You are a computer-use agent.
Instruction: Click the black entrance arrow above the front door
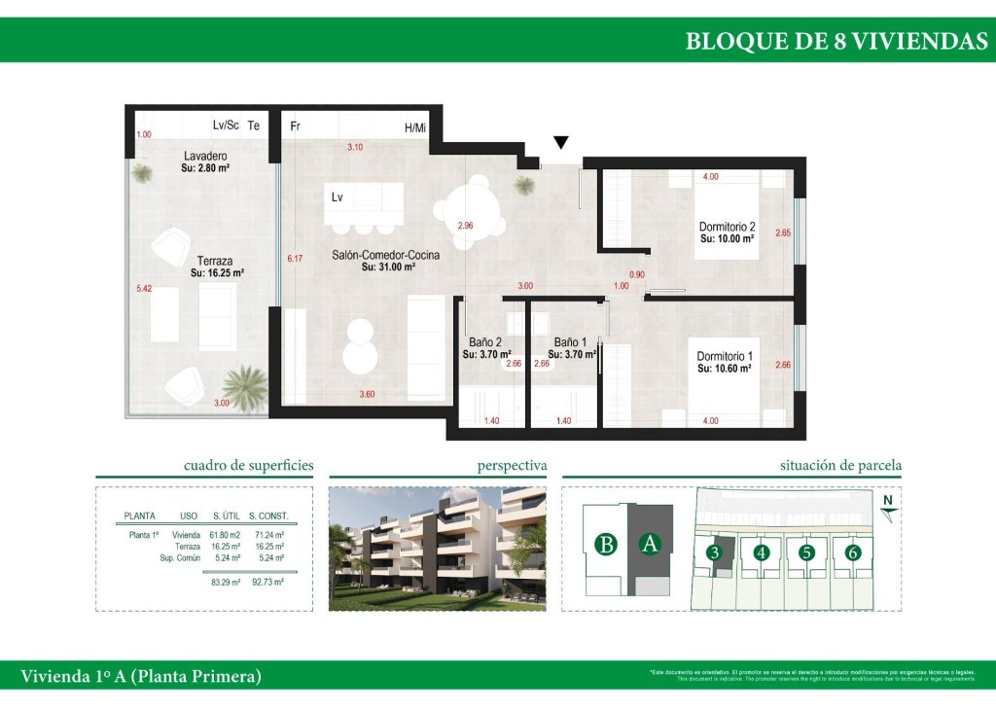point(560,143)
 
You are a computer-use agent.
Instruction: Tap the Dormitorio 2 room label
point(728,226)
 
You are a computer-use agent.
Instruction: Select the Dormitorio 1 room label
point(725,357)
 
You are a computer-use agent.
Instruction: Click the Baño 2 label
point(484,342)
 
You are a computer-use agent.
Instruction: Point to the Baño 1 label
point(570,342)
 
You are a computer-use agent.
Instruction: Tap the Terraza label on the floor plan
point(214,261)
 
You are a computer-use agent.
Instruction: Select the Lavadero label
point(205,156)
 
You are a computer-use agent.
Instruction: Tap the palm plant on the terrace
point(245,385)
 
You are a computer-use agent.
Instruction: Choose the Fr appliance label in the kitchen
point(295,127)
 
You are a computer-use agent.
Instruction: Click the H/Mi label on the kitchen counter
point(415,127)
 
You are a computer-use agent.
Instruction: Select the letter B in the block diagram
point(606,545)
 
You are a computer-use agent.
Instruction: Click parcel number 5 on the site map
point(806,553)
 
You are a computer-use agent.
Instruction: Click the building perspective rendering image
point(438,548)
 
